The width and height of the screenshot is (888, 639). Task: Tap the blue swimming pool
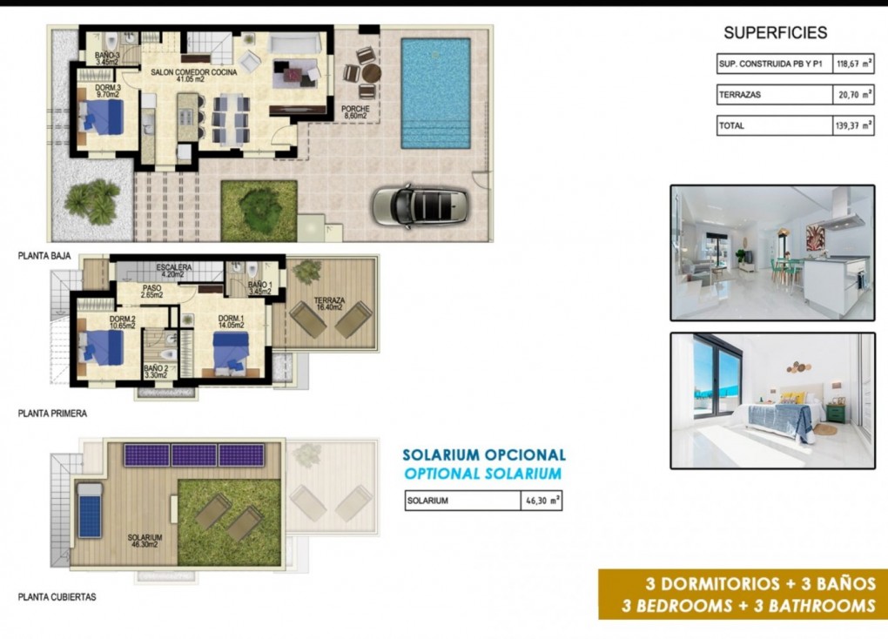(x=434, y=92)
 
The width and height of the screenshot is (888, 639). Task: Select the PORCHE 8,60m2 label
(x=354, y=111)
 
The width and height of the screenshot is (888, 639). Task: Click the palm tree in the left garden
(x=92, y=201)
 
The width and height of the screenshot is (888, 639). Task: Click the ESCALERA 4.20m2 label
(x=174, y=270)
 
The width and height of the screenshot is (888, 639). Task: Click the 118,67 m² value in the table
(x=853, y=64)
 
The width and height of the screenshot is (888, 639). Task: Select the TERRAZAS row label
(x=740, y=95)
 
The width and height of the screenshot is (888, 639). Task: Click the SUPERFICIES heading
(x=775, y=33)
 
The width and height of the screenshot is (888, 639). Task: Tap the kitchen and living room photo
(x=772, y=252)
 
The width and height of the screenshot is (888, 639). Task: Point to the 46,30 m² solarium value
(x=541, y=501)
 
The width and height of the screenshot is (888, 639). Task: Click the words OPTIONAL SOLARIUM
(x=483, y=474)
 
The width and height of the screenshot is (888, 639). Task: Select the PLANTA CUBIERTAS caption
(x=57, y=597)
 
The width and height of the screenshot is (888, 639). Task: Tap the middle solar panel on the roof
(x=194, y=455)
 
